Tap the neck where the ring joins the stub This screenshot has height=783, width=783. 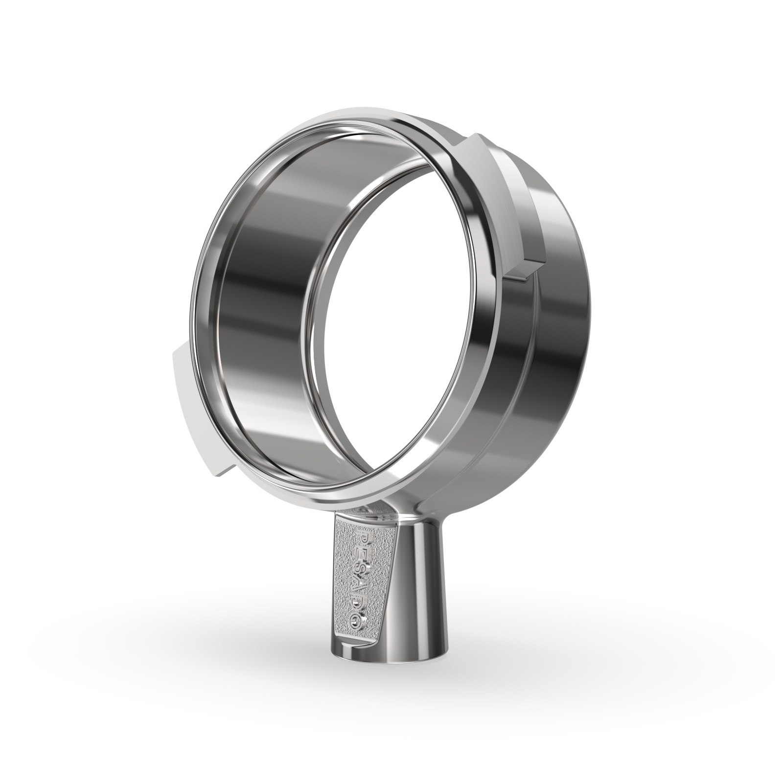pyautogui.click(x=387, y=514)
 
